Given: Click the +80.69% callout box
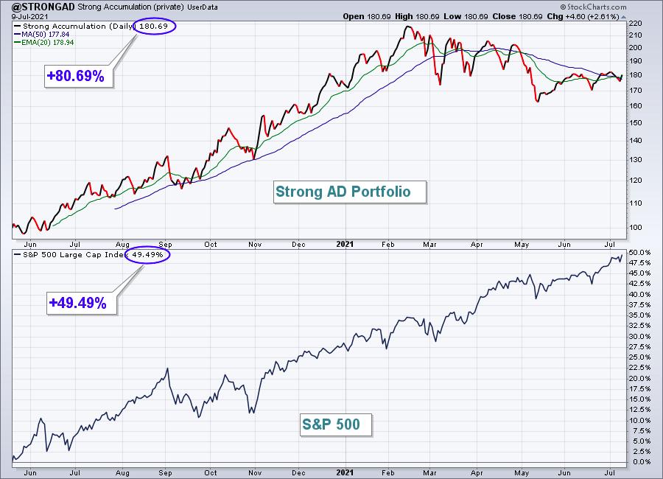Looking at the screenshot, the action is [79, 76].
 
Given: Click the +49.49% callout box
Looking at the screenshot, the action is [82, 303].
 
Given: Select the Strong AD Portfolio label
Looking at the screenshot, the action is [350, 192].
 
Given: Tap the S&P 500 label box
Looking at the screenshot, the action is [336, 424].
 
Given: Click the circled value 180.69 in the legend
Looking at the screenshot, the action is [154, 27].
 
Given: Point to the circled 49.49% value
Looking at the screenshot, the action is [147, 255].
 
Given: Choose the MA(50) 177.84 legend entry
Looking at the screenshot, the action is [42, 35].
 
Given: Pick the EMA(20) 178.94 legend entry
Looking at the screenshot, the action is [44, 42].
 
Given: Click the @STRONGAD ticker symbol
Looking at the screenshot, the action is [43, 7].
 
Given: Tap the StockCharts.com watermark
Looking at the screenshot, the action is [593, 7].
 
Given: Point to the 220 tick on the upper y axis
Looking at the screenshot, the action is [635, 24].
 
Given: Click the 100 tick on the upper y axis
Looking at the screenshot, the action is [635, 227].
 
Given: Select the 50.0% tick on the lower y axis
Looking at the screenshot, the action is [639, 252].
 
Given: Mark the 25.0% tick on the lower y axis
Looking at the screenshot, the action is [639, 357].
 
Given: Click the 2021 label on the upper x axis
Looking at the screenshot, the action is [345, 244].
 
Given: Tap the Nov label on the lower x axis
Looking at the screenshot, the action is [255, 472].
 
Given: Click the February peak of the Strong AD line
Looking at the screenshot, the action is [407, 27].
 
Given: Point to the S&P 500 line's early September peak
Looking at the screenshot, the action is [168, 368].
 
